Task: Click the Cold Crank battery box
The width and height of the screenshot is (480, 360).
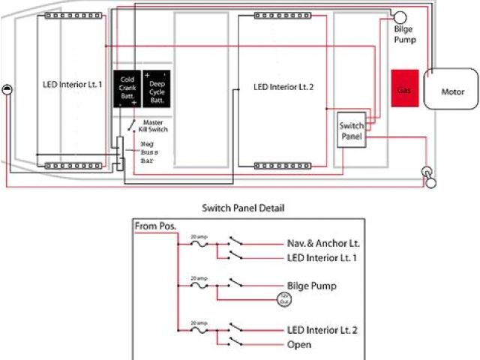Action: coord(127,89)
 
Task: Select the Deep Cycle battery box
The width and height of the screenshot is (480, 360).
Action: coord(157,89)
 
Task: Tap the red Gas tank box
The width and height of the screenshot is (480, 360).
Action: coord(404,89)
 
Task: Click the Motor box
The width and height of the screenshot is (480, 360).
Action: coord(451,91)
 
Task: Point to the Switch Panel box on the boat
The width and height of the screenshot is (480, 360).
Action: coord(352,130)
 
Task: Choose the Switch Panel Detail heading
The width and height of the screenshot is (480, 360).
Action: coord(244,208)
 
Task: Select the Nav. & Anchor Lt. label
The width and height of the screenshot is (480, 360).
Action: coord(324,243)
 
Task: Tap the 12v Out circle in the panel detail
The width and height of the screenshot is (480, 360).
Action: coord(284,299)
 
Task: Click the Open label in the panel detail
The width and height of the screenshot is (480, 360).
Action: coord(299,345)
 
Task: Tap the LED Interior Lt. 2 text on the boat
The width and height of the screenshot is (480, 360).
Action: coord(282,88)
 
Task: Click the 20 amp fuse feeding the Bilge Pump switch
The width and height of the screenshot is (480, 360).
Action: coord(198,285)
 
